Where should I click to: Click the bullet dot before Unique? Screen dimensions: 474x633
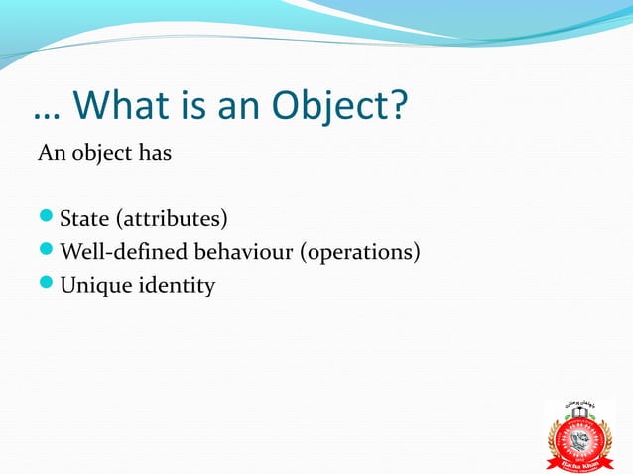[x=47, y=287]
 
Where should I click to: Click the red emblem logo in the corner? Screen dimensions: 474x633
[x=582, y=434]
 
